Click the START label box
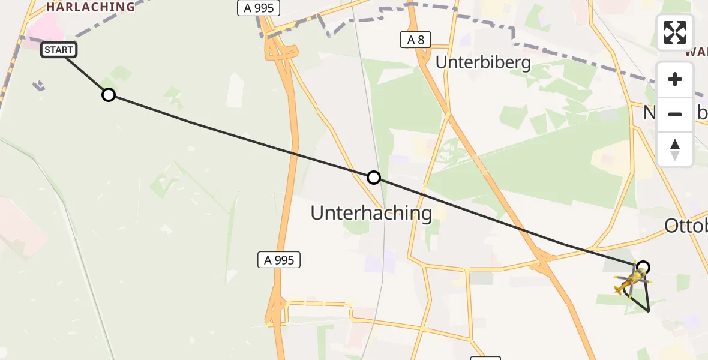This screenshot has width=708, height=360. (x=59, y=50)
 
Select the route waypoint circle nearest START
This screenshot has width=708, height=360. (x=108, y=95)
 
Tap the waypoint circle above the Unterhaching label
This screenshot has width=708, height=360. (x=373, y=177)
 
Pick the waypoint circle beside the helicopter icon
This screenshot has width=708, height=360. (x=643, y=267)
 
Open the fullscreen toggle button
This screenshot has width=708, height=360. (x=675, y=32)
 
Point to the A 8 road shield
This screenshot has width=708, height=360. (x=415, y=40)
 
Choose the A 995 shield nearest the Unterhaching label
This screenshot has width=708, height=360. (x=279, y=260)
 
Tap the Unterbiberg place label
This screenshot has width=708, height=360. (x=483, y=62)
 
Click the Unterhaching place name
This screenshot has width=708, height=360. (x=371, y=212)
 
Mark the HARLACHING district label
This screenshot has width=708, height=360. (x=91, y=7)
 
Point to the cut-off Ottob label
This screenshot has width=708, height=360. (x=686, y=226)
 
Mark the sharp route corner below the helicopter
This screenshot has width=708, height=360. (x=649, y=311)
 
